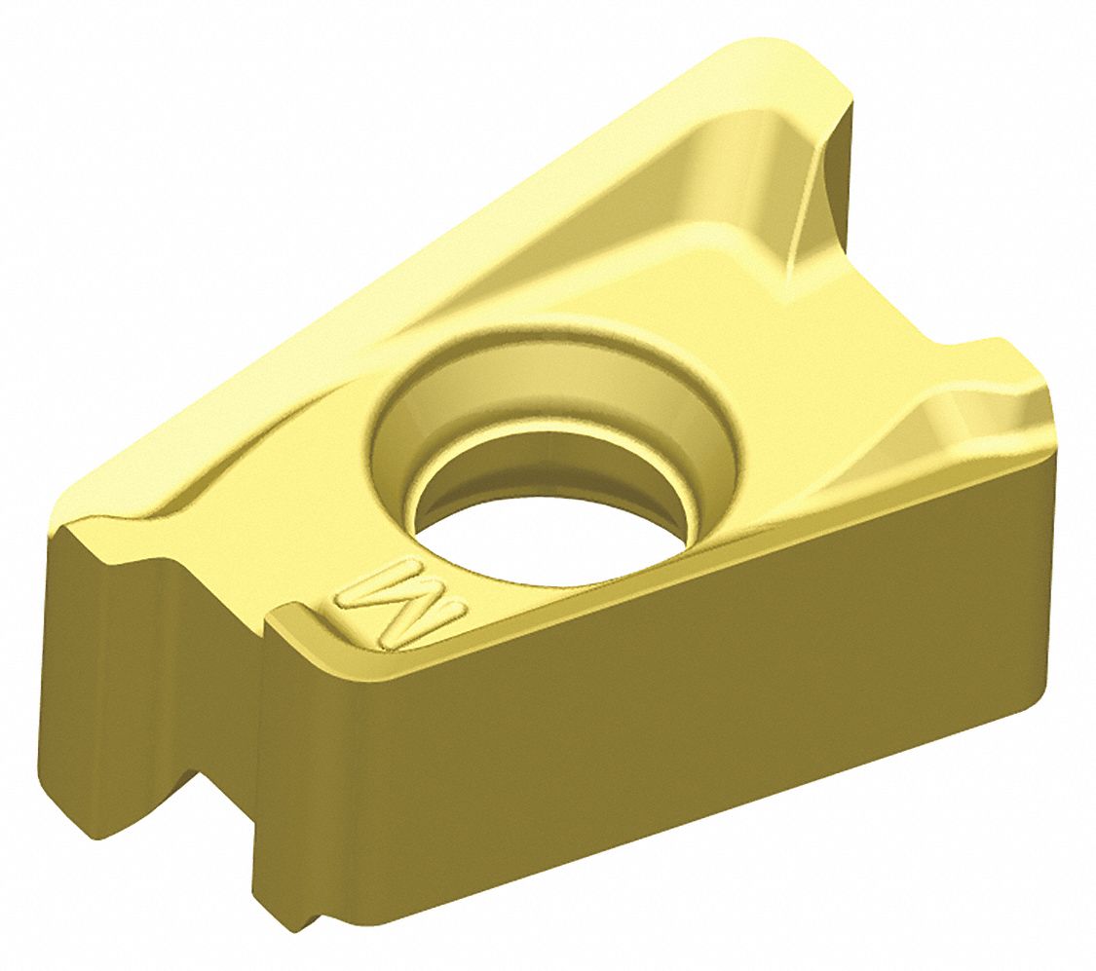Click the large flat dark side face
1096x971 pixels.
[x=682, y=701]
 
